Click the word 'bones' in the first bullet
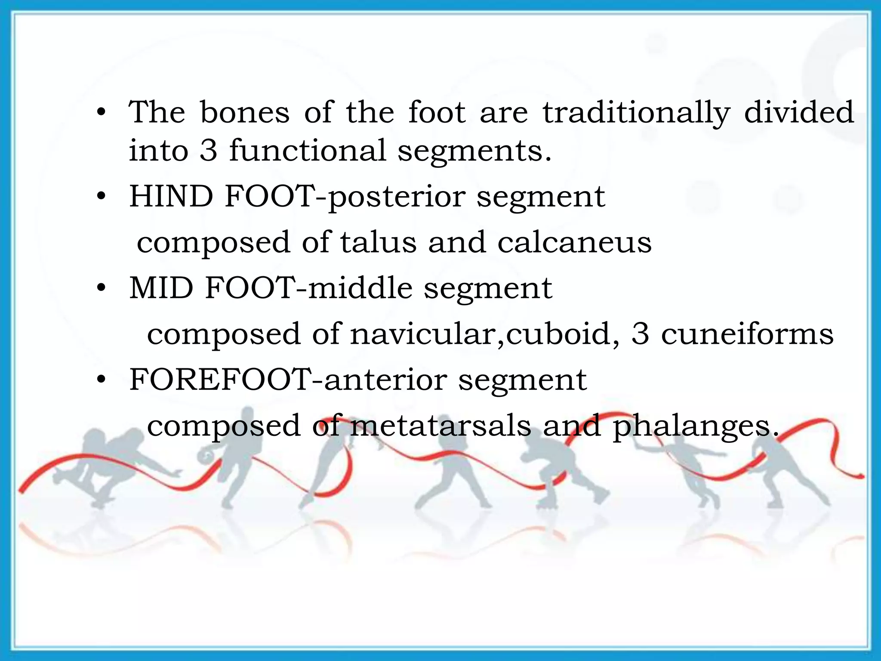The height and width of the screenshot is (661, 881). tap(245, 113)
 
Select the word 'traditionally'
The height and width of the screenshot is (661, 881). tap(636, 113)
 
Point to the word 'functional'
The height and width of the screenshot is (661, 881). tap(308, 151)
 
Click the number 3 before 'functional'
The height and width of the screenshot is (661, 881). tap(208, 151)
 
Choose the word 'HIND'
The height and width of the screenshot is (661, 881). tap(171, 197)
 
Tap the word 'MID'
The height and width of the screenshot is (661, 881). tap(161, 288)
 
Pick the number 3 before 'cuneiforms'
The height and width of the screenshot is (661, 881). tap(640, 334)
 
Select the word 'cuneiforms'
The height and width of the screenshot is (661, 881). tap(747, 334)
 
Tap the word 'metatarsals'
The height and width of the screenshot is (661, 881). tap(441, 426)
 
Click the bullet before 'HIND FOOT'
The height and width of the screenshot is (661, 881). tap(101, 197)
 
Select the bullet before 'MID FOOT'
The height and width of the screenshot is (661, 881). tap(101, 288)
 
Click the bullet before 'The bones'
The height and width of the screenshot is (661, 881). tap(101, 113)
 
